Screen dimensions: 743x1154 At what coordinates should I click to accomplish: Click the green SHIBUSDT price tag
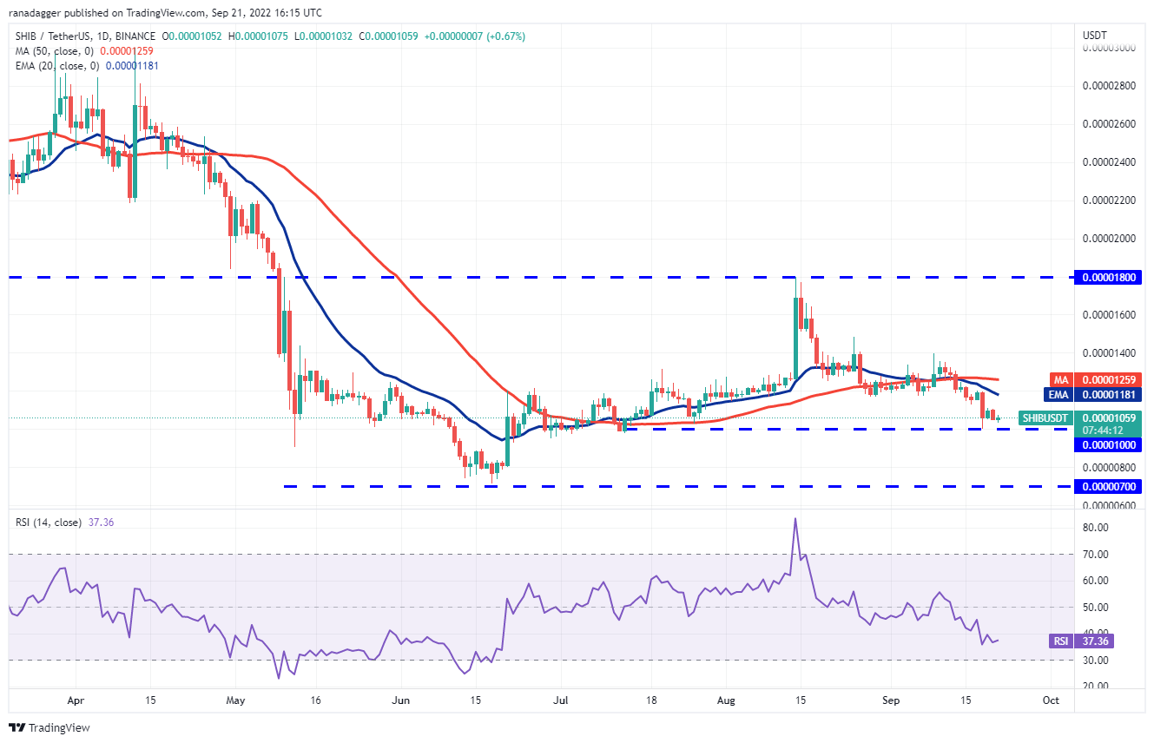(x=1045, y=418)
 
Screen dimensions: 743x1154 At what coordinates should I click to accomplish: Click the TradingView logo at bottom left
(x=50, y=727)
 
